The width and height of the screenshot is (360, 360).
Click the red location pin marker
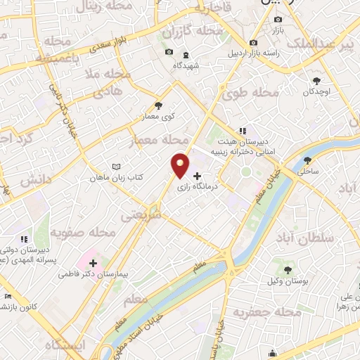(x=181, y=166)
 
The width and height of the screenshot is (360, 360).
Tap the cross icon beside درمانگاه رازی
(x=197, y=176)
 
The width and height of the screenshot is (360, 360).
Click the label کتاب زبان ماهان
(x=115, y=178)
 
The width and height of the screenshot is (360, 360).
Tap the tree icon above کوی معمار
(x=158, y=105)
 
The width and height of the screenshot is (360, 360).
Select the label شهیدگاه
(x=186, y=65)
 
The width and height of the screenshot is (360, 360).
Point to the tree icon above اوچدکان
(x=316, y=80)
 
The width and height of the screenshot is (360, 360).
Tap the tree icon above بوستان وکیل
(x=288, y=269)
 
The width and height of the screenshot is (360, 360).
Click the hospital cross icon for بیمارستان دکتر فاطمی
(x=93, y=263)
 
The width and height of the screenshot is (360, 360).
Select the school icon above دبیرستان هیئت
(x=243, y=130)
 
